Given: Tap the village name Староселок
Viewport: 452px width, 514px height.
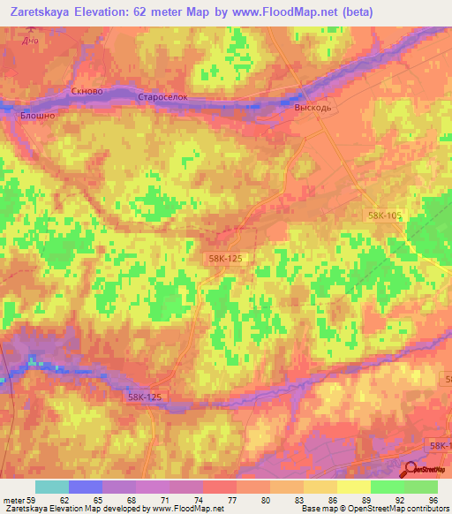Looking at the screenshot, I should pos(163,97).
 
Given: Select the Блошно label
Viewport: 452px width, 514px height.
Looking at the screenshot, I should pos(37,115).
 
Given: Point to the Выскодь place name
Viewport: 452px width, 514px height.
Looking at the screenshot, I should pos(313,106).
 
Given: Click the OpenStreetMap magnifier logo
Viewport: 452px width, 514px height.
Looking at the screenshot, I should pos(411,471).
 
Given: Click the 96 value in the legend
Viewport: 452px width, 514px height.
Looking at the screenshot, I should pos(433,503).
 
